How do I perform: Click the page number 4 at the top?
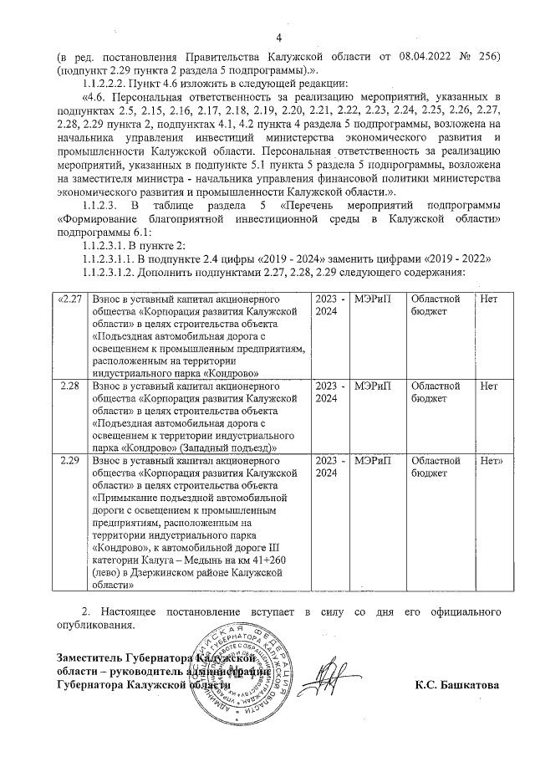279,36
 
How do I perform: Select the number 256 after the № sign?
487,56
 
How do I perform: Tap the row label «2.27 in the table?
69,299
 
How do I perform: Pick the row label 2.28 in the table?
70,387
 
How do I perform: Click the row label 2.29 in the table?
70,461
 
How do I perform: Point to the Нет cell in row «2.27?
490,299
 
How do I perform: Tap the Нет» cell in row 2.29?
492,461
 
